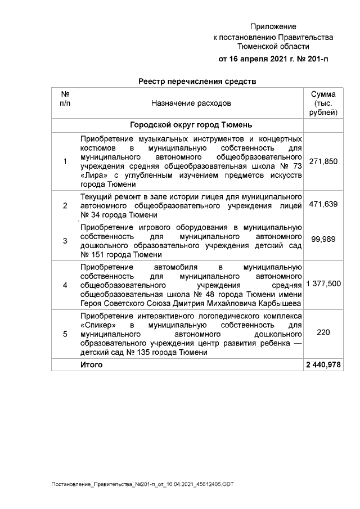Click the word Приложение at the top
coord(273,26)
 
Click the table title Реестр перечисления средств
coord(197,82)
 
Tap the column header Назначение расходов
coord(191,103)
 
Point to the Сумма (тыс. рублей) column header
coord(323,103)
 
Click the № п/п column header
coord(65,98)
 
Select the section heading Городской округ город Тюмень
coord(191,124)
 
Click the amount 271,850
coord(323,161)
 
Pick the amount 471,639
coord(323,205)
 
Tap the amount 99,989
coord(323,239)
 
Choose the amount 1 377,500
coord(323,285)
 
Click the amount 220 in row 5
coord(323,333)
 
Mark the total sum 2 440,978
coord(323,365)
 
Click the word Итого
coord(92,365)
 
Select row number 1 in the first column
coord(65,162)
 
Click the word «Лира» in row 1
coord(92,175)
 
